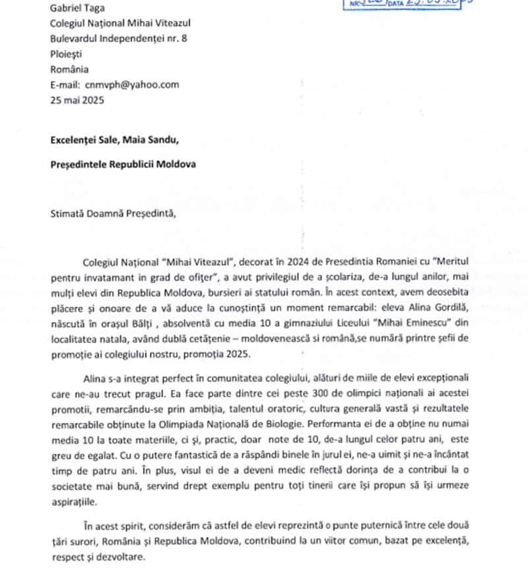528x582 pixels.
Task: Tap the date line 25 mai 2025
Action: click(77, 100)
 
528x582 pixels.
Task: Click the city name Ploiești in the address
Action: click(68, 55)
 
